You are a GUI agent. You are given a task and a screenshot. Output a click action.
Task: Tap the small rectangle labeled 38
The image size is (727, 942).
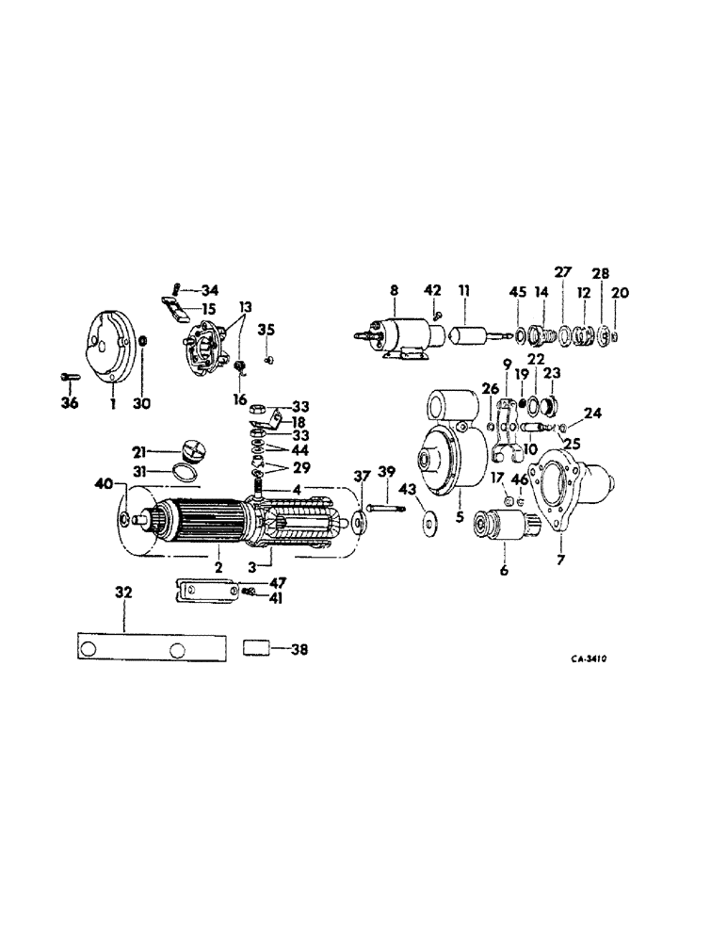[x=256, y=648]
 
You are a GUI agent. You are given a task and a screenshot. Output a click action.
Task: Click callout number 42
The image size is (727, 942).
[x=433, y=290]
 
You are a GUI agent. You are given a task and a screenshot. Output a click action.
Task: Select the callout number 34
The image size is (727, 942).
[x=210, y=290]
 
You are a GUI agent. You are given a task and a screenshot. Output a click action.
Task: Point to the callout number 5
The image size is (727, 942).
[x=460, y=517]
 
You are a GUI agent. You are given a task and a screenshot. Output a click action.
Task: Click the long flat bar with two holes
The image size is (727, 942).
[x=150, y=649]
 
